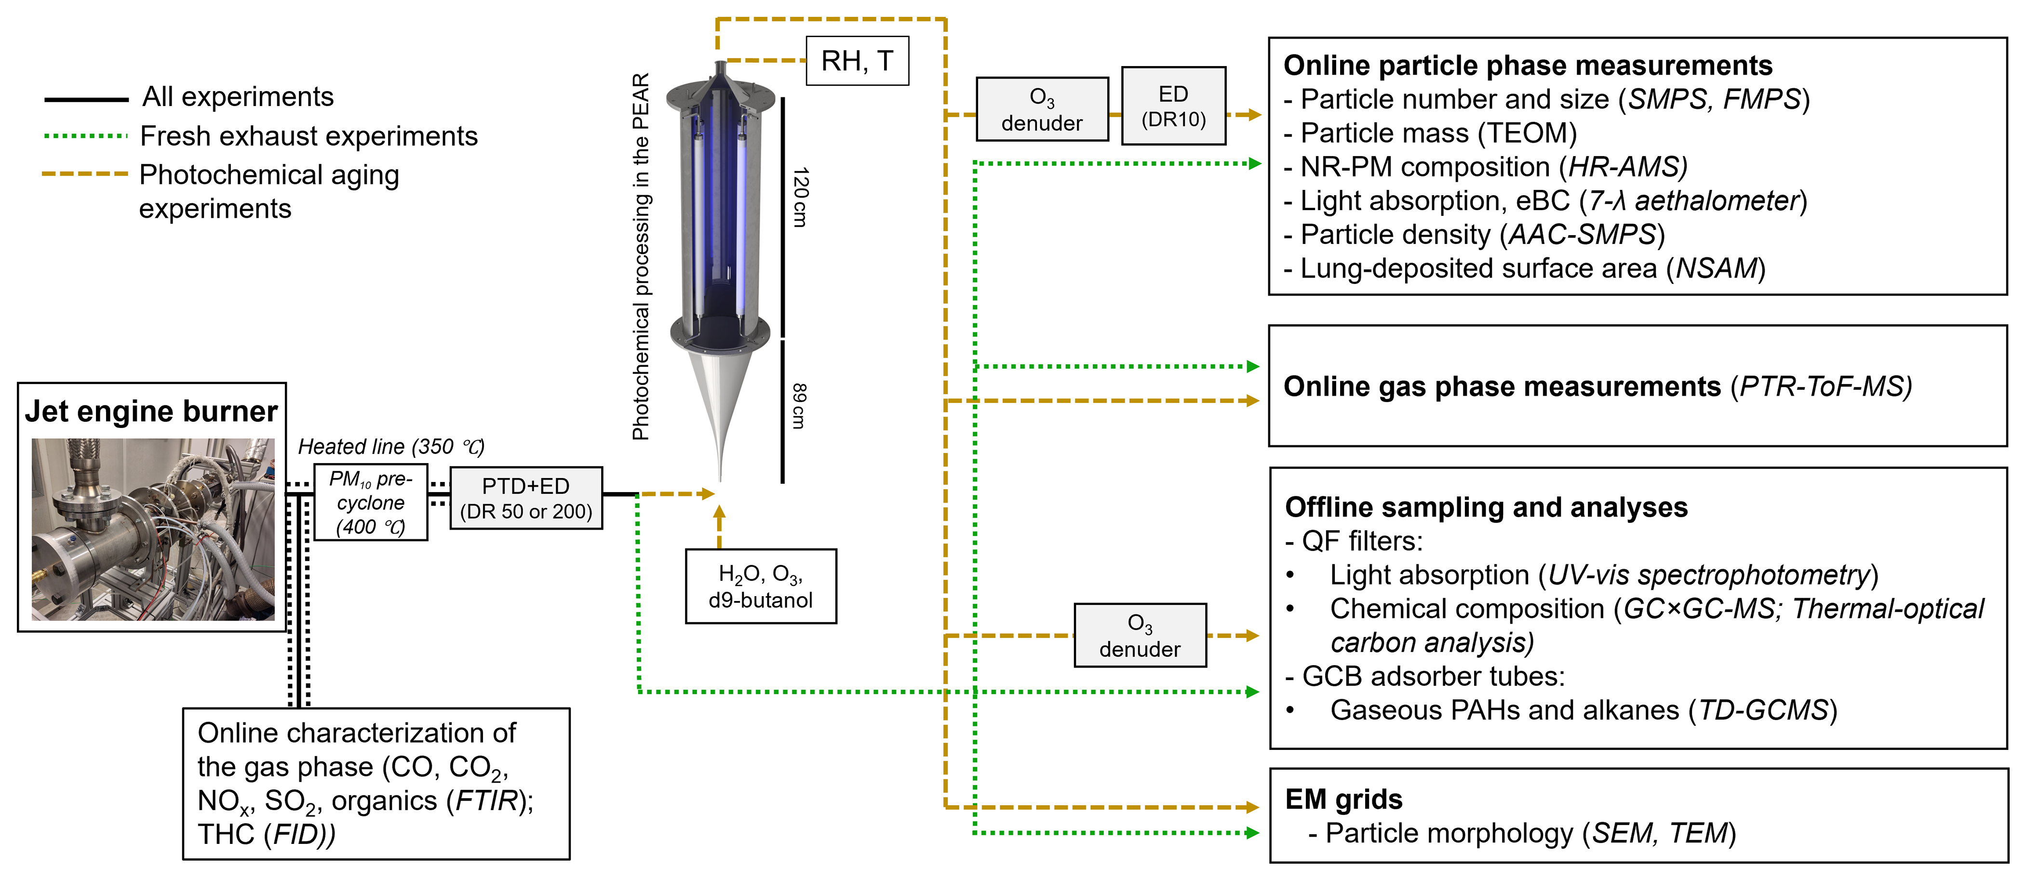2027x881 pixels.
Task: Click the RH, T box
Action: tap(857, 61)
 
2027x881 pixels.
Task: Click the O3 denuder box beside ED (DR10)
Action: tap(1042, 110)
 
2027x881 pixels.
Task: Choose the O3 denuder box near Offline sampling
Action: tap(1140, 636)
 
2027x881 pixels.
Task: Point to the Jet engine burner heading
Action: tap(151, 412)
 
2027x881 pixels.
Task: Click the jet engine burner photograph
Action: tap(153, 529)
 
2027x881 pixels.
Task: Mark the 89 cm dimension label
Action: tap(799, 406)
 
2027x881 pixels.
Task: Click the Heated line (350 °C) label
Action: tap(390, 447)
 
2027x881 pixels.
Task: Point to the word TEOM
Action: tap(1526, 133)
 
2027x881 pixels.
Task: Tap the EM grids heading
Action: tap(1343, 799)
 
